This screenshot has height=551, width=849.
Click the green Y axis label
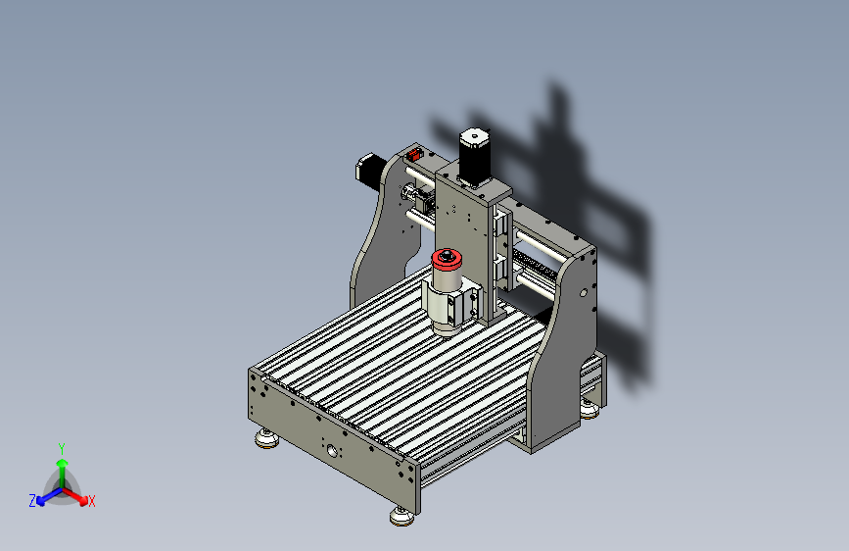tap(62, 447)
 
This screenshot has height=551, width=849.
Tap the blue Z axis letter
tap(32, 501)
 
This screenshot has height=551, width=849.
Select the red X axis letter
tap(92, 502)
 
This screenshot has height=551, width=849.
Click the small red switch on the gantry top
tap(413, 154)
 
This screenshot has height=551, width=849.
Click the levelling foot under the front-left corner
tap(265, 438)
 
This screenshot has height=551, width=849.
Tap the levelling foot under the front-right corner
tap(401, 516)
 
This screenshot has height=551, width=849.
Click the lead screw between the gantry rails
tap(534, 265)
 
